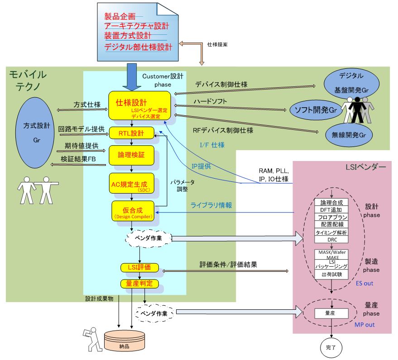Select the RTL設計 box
pyautogui.click(x=131, y=133)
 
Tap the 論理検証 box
pyautogui.click(x=131, y=155)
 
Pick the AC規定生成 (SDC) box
pyautogui.click(x=131, y=185)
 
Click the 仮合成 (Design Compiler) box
pyautogui.click(x=132, y=211)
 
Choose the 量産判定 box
pyautogui.click(x=139, y=284)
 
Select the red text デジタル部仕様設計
pyautogui.click(x=138, y=47)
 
